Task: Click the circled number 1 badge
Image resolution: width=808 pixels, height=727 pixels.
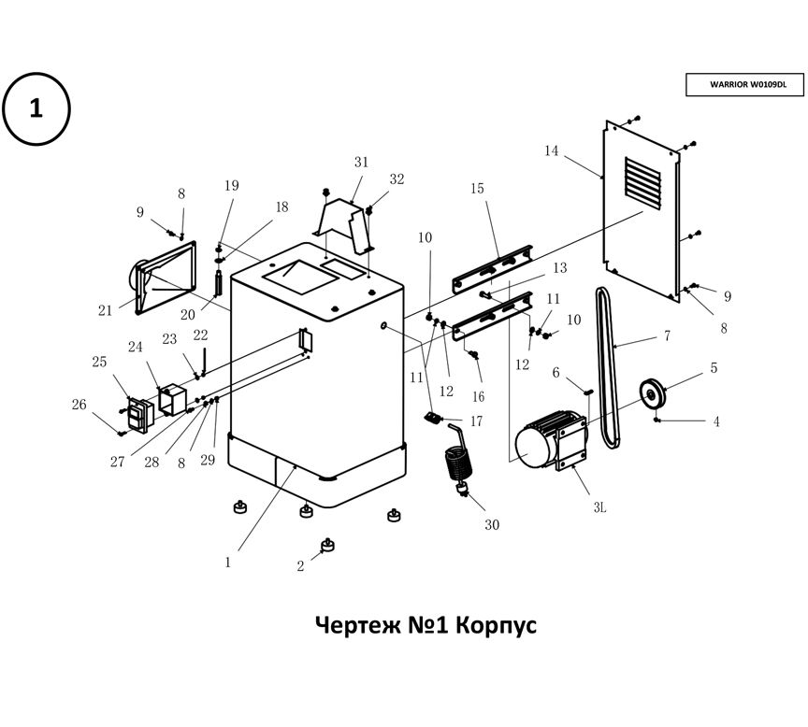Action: (x=36, y=108)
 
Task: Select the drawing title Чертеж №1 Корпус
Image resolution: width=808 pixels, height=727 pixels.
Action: (x=426, y=623)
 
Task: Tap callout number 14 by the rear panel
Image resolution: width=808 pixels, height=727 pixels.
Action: (x=551, y=150)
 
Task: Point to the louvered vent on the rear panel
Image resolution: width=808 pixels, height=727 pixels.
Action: (x=644, y=181)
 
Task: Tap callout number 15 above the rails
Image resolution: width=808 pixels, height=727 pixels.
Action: (x=477, y=189)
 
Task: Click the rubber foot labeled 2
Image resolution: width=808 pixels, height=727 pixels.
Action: (x=328, y=545)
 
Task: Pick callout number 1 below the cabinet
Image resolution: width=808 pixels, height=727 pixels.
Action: (x=227, y=563)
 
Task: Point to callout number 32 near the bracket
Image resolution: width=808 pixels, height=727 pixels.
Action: (x=397, y=179)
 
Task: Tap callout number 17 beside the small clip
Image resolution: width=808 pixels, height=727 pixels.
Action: (x=476, y=421)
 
